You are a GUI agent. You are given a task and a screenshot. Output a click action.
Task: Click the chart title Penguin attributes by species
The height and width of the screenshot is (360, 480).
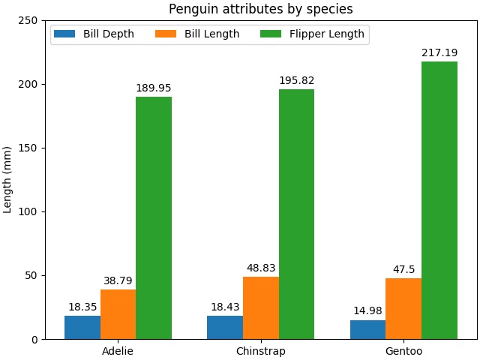tap(260, 9)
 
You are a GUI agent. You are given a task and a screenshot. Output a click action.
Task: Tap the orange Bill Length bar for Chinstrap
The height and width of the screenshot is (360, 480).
tap(260, 307)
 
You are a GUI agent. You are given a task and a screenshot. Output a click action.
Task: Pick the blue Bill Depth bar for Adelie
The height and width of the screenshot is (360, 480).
tap(82, 327)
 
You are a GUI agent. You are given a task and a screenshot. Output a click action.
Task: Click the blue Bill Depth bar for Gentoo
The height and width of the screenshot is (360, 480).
tap(367, 329)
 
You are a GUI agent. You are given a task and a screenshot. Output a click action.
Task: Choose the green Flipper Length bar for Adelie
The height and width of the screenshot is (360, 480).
tap(154, 217)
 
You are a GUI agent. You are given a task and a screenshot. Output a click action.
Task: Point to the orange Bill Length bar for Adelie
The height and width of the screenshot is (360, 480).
tap(118, 314)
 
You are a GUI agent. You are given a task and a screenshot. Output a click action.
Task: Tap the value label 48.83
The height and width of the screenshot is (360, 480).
tap(260, 268)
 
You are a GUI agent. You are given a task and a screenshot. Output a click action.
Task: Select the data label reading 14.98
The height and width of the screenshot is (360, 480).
tap(367, 311)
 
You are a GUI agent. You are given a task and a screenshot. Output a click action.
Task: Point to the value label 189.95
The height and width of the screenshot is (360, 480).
tap(154, 88)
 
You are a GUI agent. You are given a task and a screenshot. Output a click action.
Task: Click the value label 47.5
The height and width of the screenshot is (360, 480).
tap(403, 270)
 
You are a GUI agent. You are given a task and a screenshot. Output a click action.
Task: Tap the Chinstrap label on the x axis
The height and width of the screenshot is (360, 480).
tap(260, 351)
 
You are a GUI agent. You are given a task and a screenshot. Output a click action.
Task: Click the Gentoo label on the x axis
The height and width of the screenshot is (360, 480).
tap(403, 351)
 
